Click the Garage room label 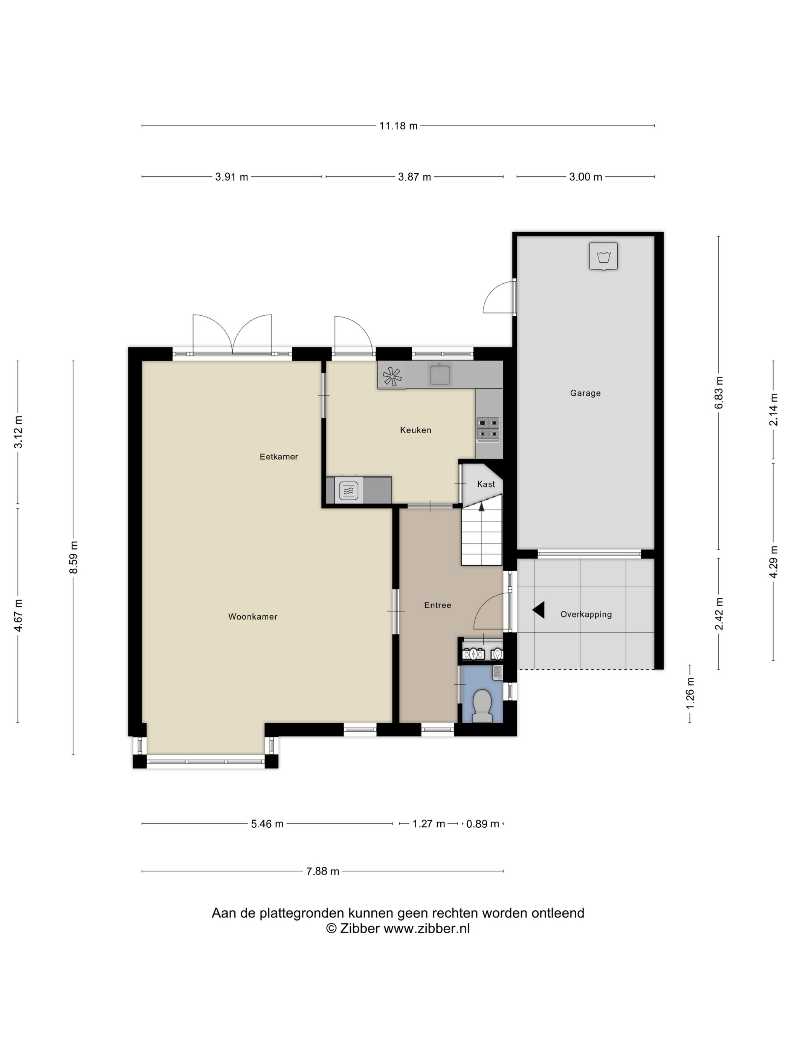pyautogui.click(x=585, y=393)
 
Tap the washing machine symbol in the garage pyautogui.click(x=603, y=257)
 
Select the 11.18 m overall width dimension pyautogui.click(x=398, y=125)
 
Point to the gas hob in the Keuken pyautogui.click(x=488, y=428)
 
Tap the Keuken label pyautogui.click(x=415, y=430)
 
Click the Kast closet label pyautogui.click(x=486, y=484)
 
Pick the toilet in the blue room pyautogui.click(x=482, y=705)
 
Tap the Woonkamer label pyautogui.click(x=253, y=617)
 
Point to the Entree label pyautogui.click(x=438, y=605)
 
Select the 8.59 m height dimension pyautogui.click(x=73, y=558)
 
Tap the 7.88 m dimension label pyautogui.click(x=323, y=872)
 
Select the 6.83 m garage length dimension pyautogui.click(x=719, y=393)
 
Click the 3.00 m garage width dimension pyautogui.click(x=585, y=177)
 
